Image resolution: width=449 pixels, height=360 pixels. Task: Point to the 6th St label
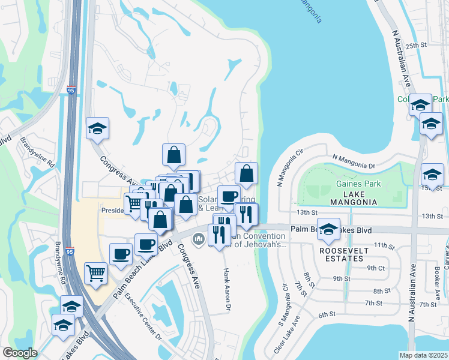327,314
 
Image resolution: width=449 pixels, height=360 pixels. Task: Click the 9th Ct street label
376,268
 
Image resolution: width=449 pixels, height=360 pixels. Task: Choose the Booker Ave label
438,275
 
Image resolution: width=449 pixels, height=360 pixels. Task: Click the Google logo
20,353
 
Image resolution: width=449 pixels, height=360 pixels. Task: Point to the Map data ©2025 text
423,355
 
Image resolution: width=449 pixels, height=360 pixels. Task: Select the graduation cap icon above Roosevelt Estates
328,229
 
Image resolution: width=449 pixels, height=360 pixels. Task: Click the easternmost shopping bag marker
247,174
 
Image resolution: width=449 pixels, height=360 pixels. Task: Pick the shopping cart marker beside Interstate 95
95,274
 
